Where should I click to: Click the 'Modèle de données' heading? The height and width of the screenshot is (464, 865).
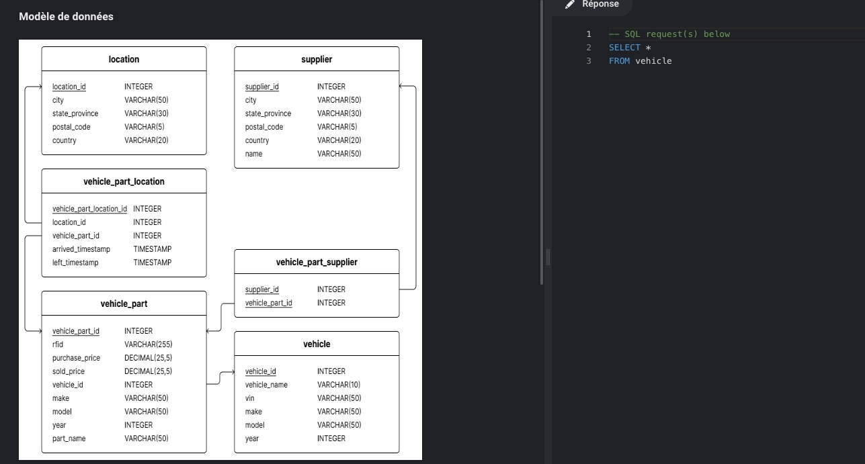pos(66,17)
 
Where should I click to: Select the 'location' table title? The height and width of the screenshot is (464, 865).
pos(124,59)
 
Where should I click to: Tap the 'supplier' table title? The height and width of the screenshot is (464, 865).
pos(317,59)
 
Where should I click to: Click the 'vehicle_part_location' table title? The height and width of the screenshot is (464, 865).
pos(124,181)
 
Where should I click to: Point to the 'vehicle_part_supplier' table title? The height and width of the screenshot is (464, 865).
pos(317,262)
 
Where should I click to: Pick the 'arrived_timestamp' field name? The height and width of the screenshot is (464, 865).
pos(81,249)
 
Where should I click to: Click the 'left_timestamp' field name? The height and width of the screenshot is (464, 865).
pos(75,263)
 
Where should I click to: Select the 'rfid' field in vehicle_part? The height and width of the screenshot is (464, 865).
pos(58,344)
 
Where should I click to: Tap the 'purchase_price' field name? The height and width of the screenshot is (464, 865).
pos(76,358)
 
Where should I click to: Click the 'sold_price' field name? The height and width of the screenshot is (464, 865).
pos(69,371)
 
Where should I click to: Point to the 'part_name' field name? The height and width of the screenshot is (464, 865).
pos(69,438)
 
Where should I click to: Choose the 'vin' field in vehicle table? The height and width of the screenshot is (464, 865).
pos(249,398)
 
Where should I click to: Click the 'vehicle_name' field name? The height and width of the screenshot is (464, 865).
pos(266,385)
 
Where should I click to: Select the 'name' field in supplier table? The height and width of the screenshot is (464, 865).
pos(253,154)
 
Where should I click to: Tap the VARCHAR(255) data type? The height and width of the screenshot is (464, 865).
pos(149,344)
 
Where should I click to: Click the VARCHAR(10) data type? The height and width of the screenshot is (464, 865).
pos(339,385)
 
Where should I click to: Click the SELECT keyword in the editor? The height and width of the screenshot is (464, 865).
pos(624,48)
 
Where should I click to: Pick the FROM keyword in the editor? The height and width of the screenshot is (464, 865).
pos(619,61)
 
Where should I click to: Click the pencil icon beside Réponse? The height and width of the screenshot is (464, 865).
pos(569,4)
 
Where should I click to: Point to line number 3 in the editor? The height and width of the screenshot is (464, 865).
pos(589,61)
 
